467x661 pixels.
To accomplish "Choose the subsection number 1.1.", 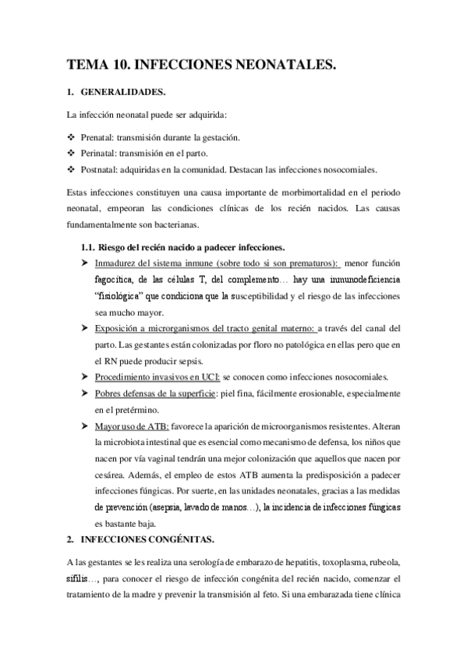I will tap(90, 247).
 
